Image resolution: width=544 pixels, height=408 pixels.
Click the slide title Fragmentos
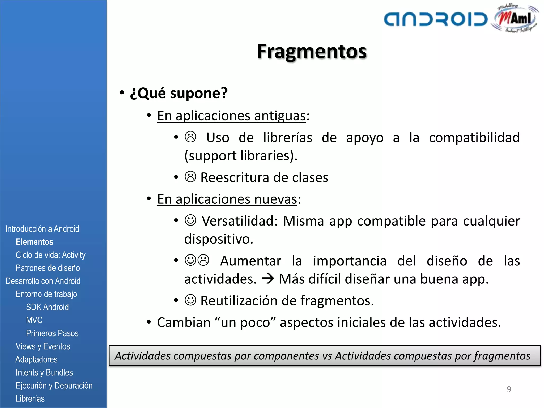point(312,51)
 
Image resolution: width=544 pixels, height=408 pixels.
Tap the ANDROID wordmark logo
point(436,19)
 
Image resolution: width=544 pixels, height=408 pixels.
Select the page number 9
point(509,389)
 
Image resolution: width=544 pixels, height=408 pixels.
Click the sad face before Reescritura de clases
point(190,177)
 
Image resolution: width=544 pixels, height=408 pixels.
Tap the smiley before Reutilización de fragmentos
point(190,300)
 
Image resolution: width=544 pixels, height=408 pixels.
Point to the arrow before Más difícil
point(267,279)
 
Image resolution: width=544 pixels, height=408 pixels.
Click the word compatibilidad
point(474,138)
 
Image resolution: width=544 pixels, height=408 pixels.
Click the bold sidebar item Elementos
point(35,242)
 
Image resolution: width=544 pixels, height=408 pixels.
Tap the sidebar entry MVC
point(34,320)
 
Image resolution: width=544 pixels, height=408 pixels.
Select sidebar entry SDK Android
point(47,307)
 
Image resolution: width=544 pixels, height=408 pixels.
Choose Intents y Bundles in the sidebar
point(44,372)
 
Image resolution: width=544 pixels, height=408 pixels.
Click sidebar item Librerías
point(30,398)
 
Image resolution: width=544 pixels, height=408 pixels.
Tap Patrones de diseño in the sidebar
point(48,268)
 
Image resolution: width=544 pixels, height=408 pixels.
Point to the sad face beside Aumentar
point(204,260)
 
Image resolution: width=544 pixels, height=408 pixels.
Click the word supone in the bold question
point(195,93)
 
